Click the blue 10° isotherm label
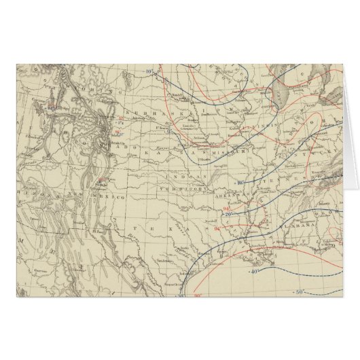(x=149, y=70)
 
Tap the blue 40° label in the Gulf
(x=274, y=271)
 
